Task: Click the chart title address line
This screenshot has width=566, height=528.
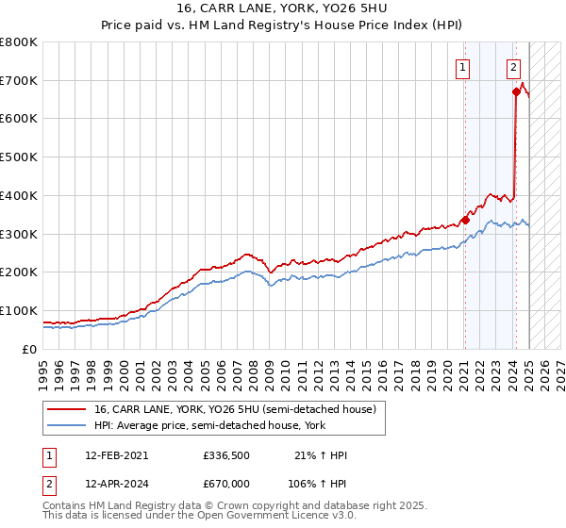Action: [282, 9]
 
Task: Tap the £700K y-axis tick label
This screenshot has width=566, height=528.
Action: [19, 81]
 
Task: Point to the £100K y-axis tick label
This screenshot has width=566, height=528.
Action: [19, 310]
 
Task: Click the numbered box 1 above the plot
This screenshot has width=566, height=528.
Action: [464, 67]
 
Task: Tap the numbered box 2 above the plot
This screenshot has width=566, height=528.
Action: [513, 67]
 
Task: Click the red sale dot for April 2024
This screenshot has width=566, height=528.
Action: [516, 91]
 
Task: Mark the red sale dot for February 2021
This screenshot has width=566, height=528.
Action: [465, 220]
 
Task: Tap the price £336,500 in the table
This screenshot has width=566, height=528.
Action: [225, 455]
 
